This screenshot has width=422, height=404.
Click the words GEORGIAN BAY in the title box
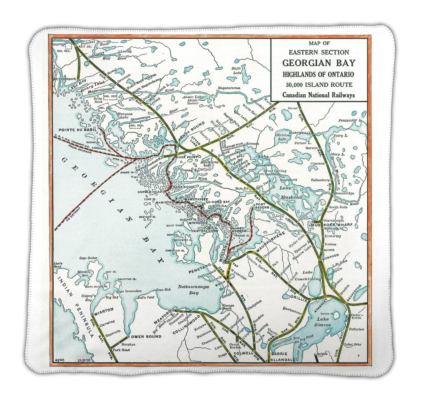(318, 63)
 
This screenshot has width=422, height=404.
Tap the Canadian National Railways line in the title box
(318, 95)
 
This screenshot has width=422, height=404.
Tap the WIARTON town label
(103, 310)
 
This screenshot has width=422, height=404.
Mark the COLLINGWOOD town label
(186, 324)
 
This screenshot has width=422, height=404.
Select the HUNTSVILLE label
(300, 133)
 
